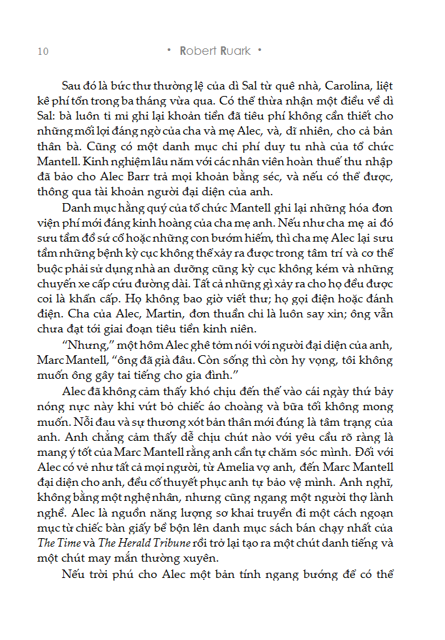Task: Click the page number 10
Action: click(42, 52)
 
